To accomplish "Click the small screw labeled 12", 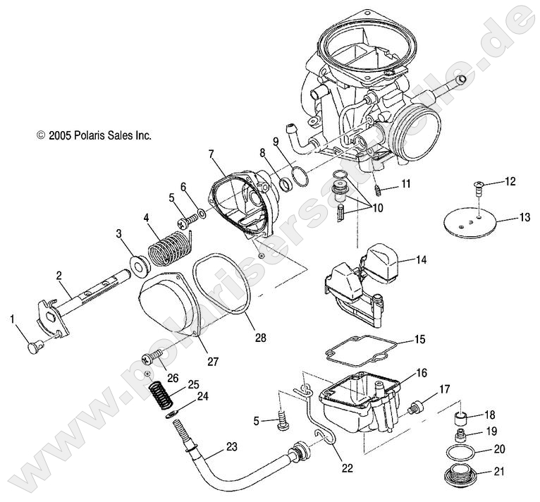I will point(479,188).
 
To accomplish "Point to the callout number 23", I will point(231,446).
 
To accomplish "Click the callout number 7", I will point(210,153).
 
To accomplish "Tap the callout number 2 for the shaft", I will point(59,275).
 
